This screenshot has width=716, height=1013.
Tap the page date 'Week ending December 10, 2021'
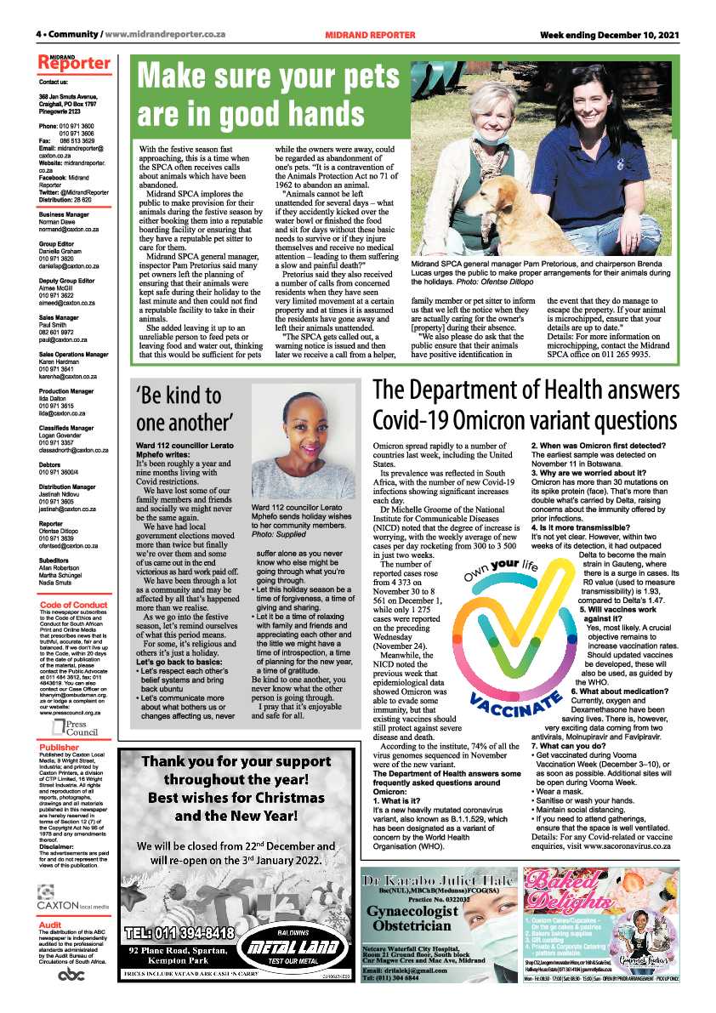point(611,35)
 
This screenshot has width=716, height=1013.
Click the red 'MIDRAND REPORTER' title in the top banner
point(370,35)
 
